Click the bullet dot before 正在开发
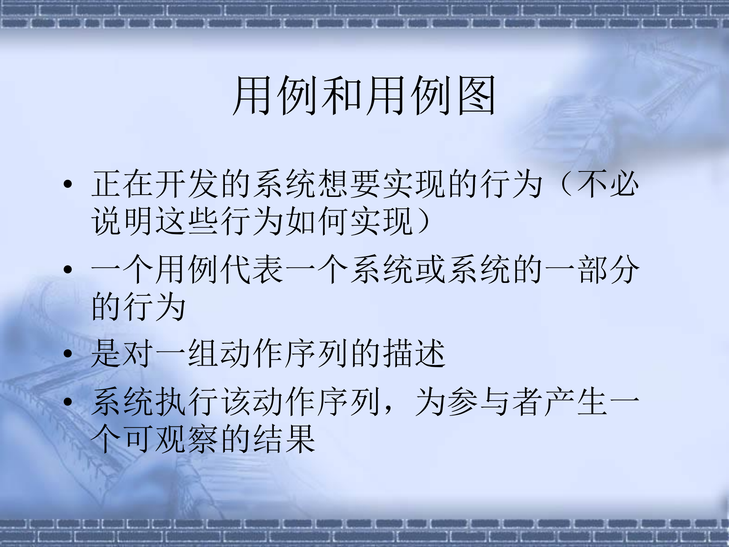(68, 184)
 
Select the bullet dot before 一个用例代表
(68, 270)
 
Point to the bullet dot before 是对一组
(68, 354)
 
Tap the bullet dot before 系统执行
(68, 402)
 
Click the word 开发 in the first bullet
(172, 184)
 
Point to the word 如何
(318, 221)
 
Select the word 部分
(609, 270)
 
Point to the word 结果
(285, 439)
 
